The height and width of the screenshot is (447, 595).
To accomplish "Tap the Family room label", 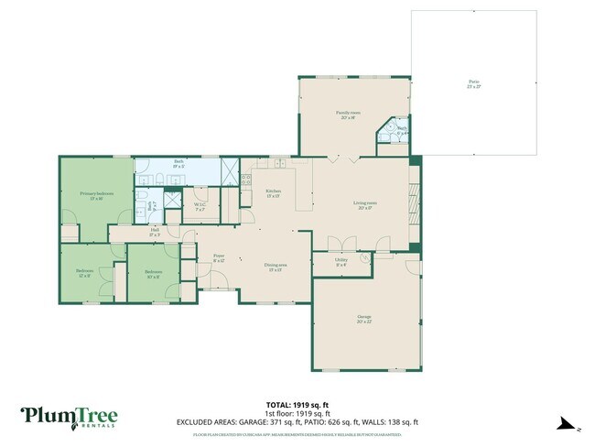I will [350, 114].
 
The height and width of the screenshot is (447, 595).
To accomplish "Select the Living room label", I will [366, 205].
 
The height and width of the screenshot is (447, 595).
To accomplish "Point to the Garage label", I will [364, 319].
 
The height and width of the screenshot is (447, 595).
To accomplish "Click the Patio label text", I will [474, 84].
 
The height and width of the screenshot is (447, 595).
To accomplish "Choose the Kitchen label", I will [273, 193].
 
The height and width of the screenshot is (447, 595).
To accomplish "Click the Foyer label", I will [219, 259].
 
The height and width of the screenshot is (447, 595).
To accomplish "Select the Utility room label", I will [341, 262].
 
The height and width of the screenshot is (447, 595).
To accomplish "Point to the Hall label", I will [155, 233].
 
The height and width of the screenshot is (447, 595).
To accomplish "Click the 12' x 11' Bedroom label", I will [83, 274].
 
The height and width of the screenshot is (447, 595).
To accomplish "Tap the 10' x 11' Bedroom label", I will [153, 273].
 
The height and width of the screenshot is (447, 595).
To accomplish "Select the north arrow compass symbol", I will [568, 424].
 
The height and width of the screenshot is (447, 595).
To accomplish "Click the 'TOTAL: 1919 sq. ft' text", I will [297, 404].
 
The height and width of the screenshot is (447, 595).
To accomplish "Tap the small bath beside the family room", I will [401, 132].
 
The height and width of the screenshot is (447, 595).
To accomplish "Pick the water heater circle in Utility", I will [365, 259].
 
